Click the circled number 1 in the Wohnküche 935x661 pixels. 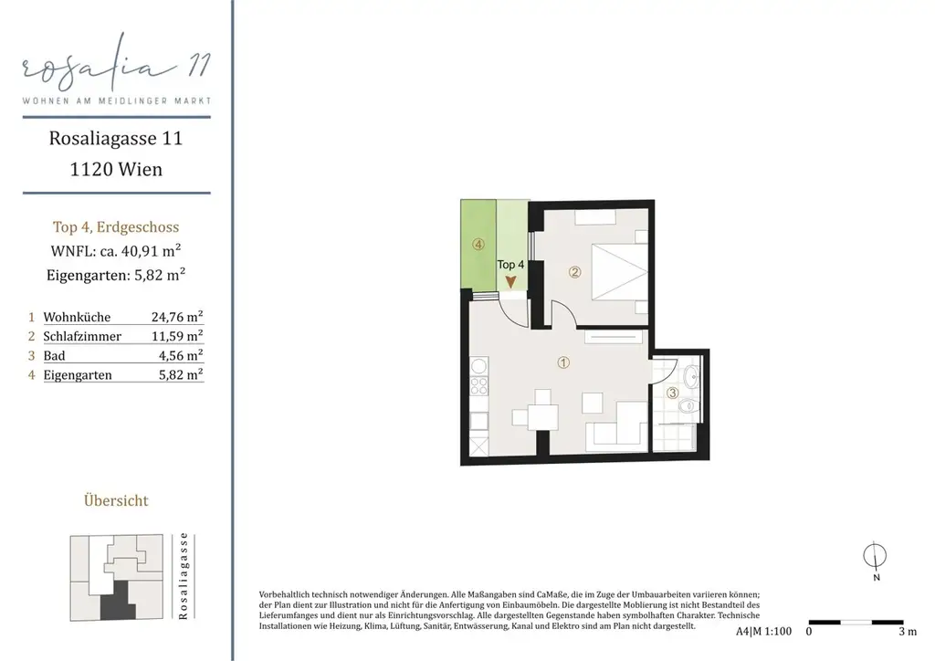coord(562,362)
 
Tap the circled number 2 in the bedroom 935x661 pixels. coord(575,272)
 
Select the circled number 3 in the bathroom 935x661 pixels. coord(672,393)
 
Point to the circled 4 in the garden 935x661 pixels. coord(478,244)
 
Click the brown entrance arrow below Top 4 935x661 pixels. coord(510,281)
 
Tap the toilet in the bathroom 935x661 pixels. coord(688,406)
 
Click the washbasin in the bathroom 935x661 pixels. coord(691,375)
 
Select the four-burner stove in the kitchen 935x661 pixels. coord(478,385)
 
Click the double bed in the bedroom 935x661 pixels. coord(619,272)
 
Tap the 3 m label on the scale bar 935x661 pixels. coord(907,632)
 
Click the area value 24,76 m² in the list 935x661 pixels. coord(176,316)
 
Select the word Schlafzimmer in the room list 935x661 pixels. coord(82,336)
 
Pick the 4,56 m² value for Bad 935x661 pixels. coord(181,355)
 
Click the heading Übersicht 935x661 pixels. coord(116,500)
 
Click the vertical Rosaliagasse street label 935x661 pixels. coord(183,576)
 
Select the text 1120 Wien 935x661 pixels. coord(116,169)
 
